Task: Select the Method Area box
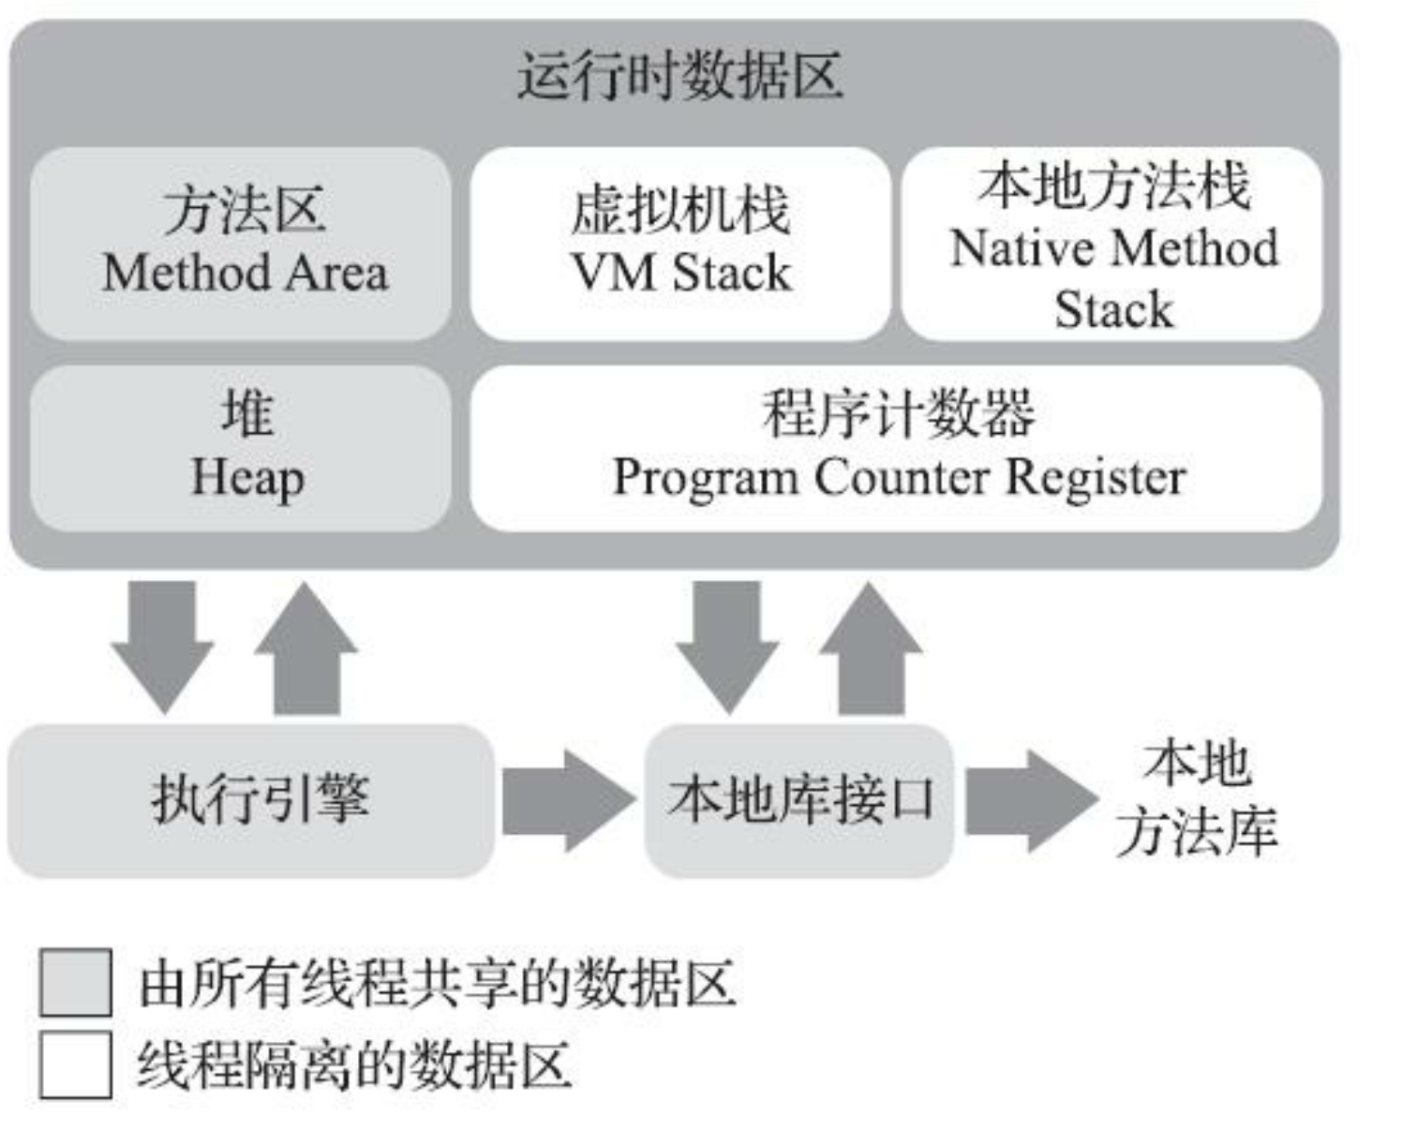click(241, 243)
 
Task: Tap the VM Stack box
click(680, 243)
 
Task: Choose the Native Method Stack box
click(1112, 243)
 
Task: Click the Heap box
click(241, 448)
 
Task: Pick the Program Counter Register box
click(897, 448)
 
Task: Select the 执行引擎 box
click(251, 800)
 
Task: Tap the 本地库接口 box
click(799, 800)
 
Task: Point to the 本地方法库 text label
click(1197, 796)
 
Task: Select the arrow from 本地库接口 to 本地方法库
click(1029, 800)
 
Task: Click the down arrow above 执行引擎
click(162, 647)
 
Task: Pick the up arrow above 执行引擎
click(306, 647)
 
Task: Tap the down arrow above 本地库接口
click(726, 647)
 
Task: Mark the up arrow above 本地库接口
click(871, 647)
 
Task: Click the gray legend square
click(75, 982)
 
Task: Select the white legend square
click(75, 1063)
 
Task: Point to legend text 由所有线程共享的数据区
click(437, 984)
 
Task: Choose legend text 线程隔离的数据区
click(354, 1065)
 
